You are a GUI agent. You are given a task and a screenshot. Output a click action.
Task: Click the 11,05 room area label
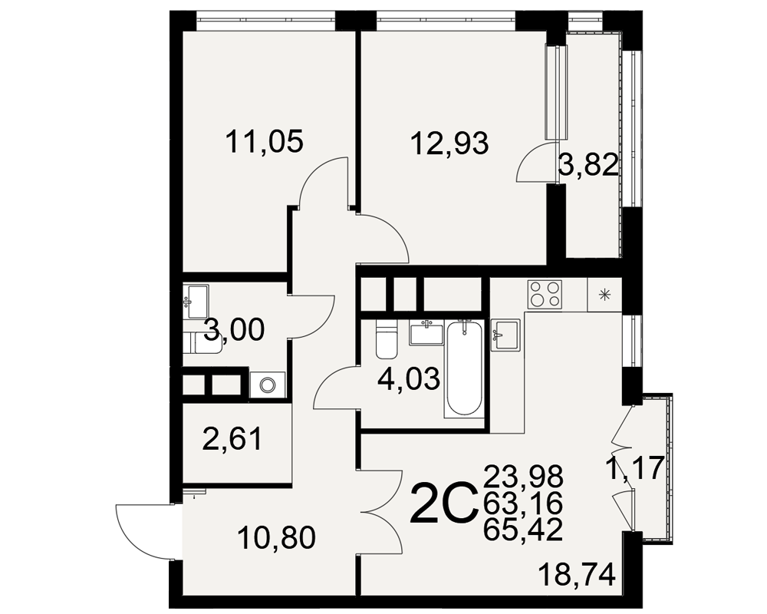(265, 141)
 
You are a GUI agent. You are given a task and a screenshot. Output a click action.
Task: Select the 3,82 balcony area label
(588, 166)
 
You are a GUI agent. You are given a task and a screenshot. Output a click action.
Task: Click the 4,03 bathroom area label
(410, 379)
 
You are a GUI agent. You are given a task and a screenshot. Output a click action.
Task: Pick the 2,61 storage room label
(233, 439)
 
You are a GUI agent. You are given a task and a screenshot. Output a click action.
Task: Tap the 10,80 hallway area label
(277, 538)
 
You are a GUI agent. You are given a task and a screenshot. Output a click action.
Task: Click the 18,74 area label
(576, 575)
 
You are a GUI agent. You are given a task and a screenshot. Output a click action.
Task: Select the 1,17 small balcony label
(635, 468)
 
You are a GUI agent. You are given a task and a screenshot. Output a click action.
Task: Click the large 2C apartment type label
(444, 503)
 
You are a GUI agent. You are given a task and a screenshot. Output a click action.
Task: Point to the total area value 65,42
(523, 530)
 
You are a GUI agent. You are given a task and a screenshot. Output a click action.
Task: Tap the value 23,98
(523, 477)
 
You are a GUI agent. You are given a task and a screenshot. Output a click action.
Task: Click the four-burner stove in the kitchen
(545, 294)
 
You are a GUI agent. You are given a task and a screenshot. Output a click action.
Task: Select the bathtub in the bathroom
(463, 369)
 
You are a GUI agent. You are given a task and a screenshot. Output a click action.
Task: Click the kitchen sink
(505, 335)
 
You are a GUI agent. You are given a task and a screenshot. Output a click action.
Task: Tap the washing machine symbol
(267, 385)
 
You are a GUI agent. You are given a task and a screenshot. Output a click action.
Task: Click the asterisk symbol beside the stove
(605, 294)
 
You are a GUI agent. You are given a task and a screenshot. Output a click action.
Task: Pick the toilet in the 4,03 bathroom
(387, 339)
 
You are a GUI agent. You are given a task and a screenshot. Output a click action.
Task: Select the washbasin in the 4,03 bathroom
(426, 333)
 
